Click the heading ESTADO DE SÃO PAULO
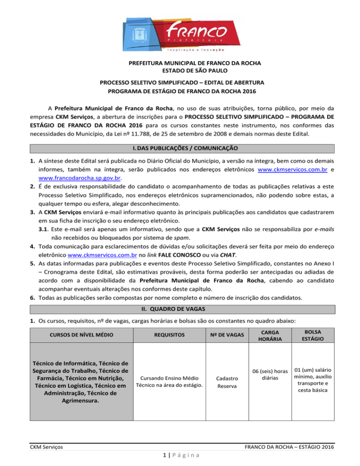point(180,71)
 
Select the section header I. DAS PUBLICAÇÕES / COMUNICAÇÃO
point(180,148)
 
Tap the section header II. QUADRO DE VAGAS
point(180,308)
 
